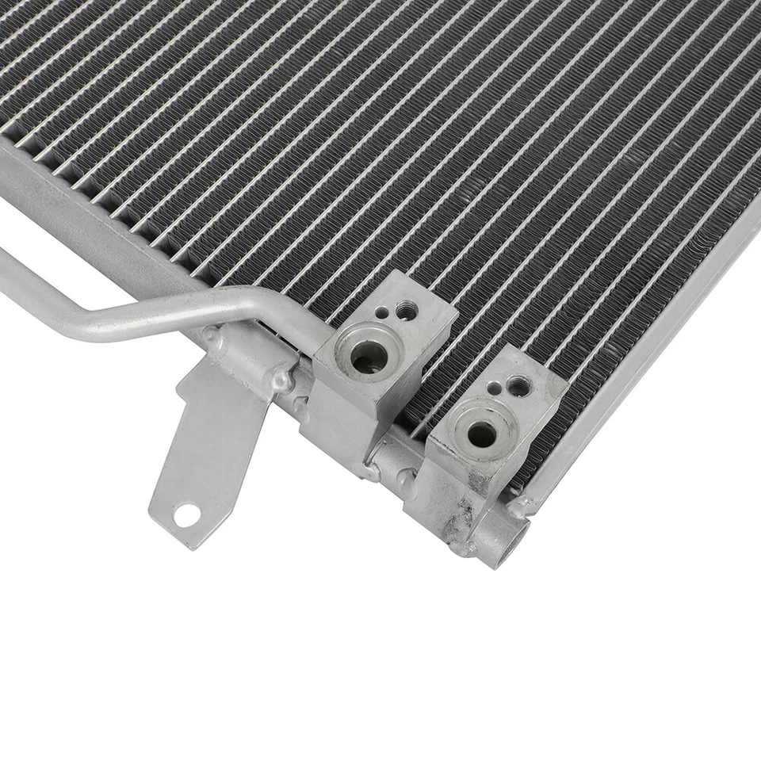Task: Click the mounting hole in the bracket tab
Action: point(187,516)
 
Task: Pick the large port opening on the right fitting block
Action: point(481,433)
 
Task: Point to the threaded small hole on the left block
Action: point(407,311)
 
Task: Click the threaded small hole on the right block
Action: point(518,387)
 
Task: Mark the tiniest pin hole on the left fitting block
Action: point(383,313)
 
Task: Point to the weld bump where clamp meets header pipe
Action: point(281,385)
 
